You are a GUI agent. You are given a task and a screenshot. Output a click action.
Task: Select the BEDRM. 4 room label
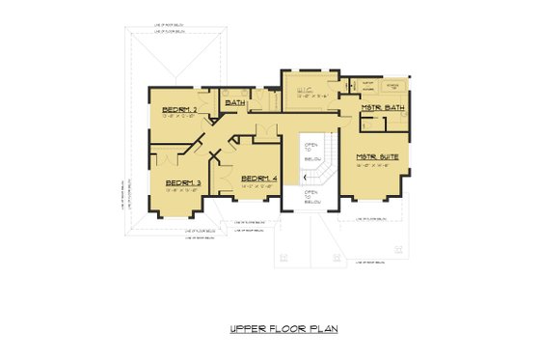click(x=258, y=179)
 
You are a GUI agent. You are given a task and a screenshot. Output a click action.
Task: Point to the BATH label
click(x=234, y=101)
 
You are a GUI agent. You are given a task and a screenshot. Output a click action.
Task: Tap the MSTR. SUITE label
click(x=376, y=156)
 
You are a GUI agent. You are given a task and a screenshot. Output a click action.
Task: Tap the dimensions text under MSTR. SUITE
click(x=376, y=165)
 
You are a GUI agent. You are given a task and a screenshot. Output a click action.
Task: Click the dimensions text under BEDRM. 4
click(x=258, y=187)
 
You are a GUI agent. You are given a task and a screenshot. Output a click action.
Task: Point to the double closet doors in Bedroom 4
click(x=223, y=183)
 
